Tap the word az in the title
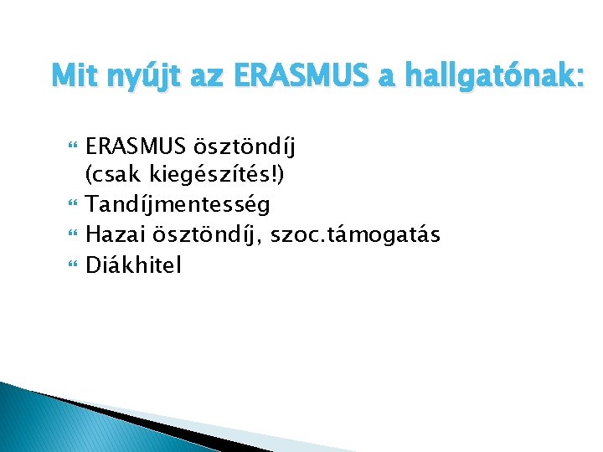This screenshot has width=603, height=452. (205, 78)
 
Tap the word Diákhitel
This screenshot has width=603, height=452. (134, 265)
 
